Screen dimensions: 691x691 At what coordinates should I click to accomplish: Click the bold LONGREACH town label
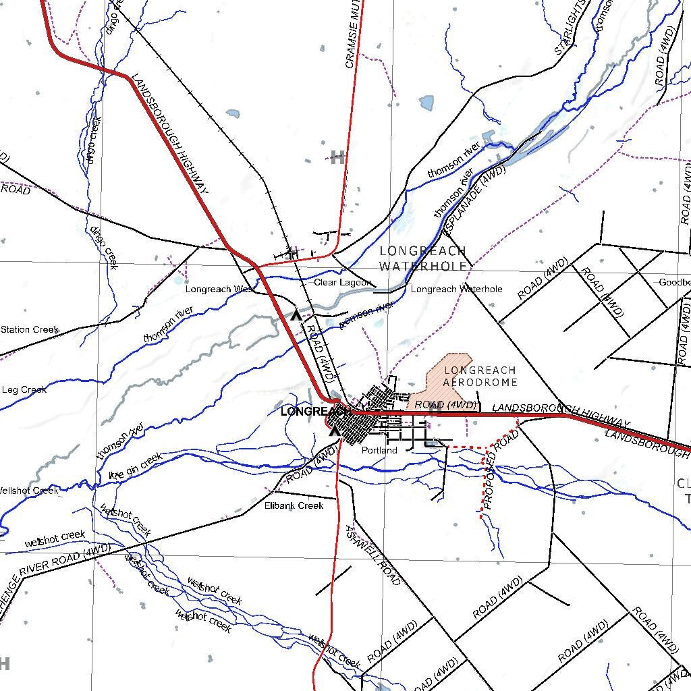[x=309, y=410]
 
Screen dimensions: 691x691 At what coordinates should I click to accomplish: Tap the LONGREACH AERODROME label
[x=480, y=376]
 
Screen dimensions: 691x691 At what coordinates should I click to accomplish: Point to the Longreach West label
[x=219, y=289]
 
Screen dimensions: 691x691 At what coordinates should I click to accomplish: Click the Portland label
[x=379, y=450]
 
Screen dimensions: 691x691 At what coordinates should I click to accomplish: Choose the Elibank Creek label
[x=294, y=505]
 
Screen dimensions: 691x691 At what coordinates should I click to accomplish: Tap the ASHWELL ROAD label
[x=372, y=555]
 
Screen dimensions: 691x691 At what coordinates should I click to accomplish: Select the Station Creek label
[x=29, y=329]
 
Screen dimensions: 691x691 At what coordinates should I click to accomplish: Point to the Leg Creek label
[x=24, y=389]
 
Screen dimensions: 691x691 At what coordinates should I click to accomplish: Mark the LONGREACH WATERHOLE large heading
[x=423, y=258]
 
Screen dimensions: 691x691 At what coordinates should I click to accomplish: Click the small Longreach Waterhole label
[x=456, y=289]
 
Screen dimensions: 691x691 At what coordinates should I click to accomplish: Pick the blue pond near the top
[x=426, y=103]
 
